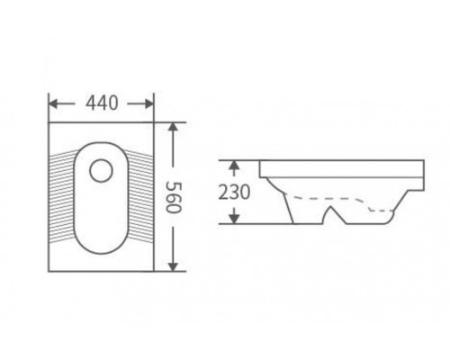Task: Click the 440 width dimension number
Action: (102, 103)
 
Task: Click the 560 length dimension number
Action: (174, 197)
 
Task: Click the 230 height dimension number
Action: (234, 193)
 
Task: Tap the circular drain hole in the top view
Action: (101, 171)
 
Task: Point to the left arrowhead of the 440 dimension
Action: (53, 104)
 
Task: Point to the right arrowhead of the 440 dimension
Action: (149, 104)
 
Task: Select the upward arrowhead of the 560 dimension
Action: (173, 127)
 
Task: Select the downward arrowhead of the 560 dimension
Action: (173, 266)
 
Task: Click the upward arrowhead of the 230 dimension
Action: (234, 165)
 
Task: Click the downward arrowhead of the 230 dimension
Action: (234, 220)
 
